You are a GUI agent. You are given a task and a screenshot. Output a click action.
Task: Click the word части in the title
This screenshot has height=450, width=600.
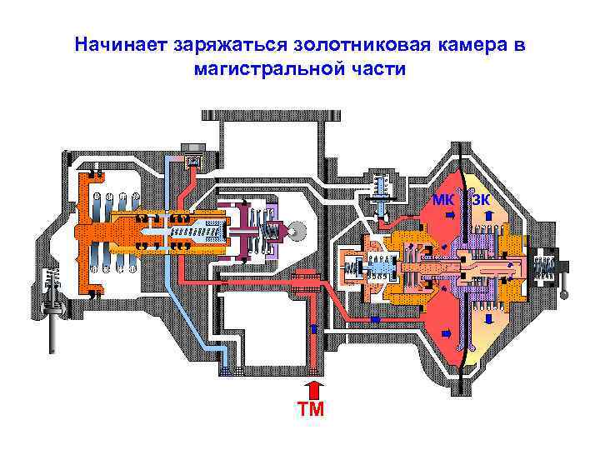tap(379, 68)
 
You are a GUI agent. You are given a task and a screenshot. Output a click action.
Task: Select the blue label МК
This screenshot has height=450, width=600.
tap(443, 199)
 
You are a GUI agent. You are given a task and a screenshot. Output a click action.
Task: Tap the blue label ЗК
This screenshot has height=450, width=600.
tap(481, 199)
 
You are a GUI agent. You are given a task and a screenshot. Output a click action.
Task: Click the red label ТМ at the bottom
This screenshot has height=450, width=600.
tap(312, 408)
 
